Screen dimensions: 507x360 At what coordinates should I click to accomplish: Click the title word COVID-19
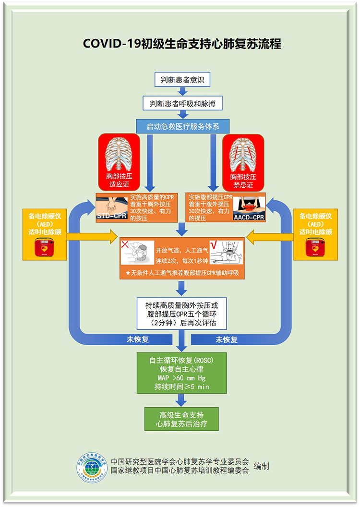tap(111, 44)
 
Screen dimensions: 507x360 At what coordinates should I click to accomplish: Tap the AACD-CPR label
tap(250, 217)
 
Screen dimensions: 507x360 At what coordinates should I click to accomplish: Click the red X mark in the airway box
tap(125, 245)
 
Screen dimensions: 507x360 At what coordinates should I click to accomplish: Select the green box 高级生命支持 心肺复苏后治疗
tap(181, 419)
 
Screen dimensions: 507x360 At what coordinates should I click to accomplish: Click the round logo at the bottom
tap(92, 467)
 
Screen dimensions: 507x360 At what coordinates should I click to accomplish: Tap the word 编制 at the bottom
tap(262, 466)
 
